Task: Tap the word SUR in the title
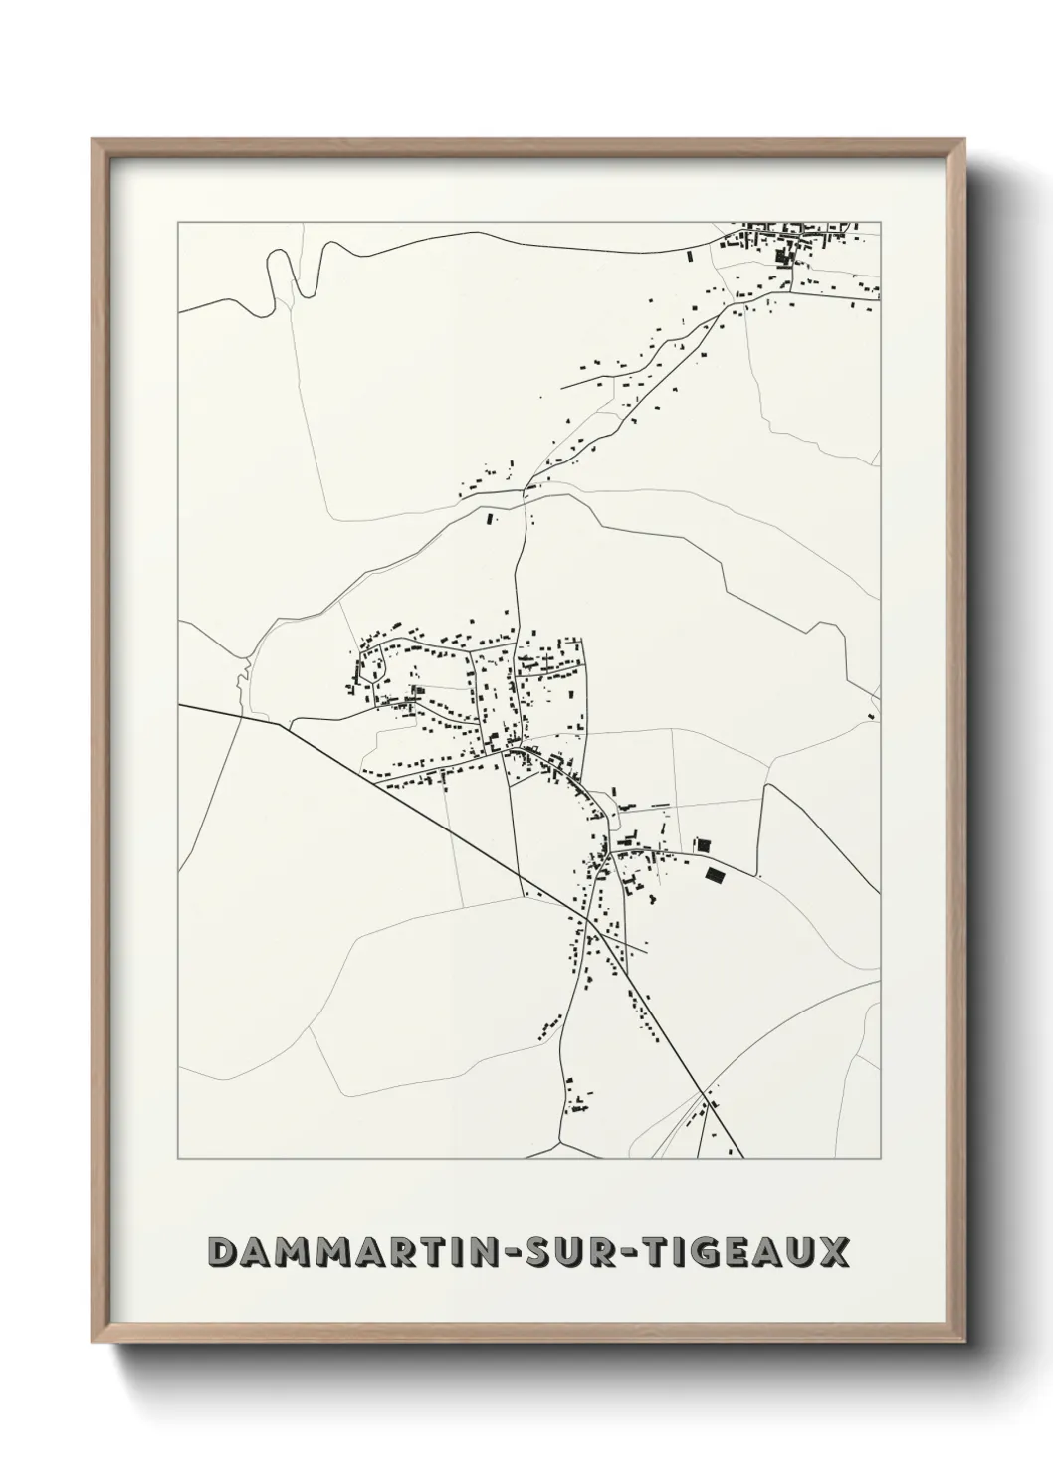click(x=558, y=1253)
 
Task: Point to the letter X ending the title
click(x=835, y=1253)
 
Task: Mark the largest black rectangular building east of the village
click(x=715, y=874)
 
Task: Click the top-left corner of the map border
click(x=178, y=223)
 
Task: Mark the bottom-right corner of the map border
click(x=880, y=1159)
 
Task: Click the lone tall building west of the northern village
click(x=690, y=256)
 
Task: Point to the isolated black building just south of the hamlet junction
click(x=488, y=517)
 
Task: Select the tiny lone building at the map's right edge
click(x=871, y=716)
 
